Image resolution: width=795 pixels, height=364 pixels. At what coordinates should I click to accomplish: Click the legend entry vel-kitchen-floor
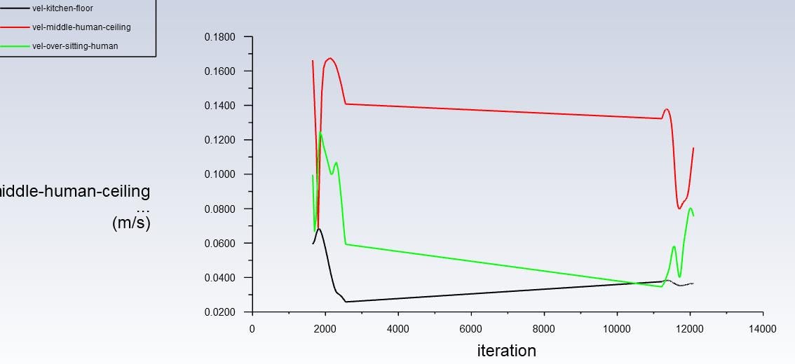tap(62, 8)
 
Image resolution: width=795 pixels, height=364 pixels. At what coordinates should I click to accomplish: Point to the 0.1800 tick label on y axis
tap(219, 37)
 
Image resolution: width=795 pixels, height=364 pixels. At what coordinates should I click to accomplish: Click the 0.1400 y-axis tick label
tap(219, 106)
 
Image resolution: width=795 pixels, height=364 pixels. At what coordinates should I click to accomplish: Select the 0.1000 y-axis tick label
tap(219, 174)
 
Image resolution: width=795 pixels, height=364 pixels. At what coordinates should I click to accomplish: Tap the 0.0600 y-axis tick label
tap(219, 244)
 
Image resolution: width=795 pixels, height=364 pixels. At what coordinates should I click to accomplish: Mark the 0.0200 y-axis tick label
tap(219, 312)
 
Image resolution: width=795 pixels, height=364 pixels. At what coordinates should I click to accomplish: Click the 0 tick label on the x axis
tap(252, 328)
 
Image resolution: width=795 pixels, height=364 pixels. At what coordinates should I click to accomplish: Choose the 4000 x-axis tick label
tap(398, 328)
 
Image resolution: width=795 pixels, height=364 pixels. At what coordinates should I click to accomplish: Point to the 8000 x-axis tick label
tap(544, 328)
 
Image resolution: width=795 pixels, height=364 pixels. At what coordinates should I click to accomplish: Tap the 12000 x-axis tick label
tap(690, 328)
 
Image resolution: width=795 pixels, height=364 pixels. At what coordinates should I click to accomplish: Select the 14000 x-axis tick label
tap(763, 328)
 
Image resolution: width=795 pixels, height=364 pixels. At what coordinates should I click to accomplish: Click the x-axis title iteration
tap(506, 351)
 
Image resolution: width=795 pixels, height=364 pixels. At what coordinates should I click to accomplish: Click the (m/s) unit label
tap(131, 223)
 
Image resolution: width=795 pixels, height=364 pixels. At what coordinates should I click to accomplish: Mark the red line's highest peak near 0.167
tap(330, 59)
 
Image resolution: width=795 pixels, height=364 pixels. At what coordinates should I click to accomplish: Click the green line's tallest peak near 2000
tap(320, 133)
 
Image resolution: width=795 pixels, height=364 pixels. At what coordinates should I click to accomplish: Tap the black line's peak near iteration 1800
tap(319, 229)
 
